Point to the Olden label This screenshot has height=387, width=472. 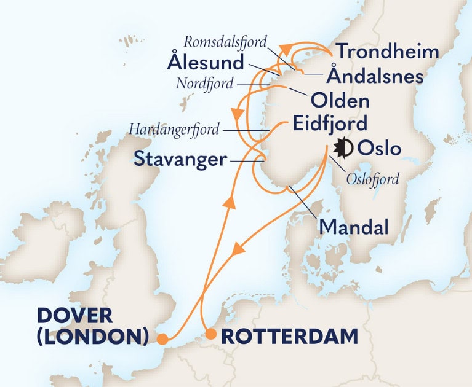pyautogui.click(x=340, y=100)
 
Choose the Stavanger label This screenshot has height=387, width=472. pyautogui.click(x=177, y=160)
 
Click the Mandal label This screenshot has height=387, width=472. pyautogui.click(x=354, y=228)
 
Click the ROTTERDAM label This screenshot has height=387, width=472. pyautogui.click(x=289, y=336)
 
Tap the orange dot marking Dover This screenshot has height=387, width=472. pyautogui.click(x=162, y=338)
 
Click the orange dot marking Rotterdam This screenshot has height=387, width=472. pyautogui.click(x=210, y=335)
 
